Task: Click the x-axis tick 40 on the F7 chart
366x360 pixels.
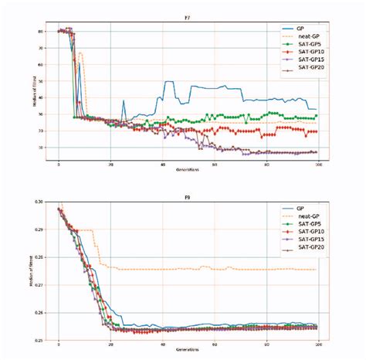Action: (162, 166)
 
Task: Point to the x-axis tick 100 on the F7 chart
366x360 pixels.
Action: (318, 166)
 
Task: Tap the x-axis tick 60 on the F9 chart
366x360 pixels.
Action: (215, 345)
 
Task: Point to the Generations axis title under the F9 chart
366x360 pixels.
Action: (188, 352)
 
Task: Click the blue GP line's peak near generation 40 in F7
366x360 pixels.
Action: (164, 82)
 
